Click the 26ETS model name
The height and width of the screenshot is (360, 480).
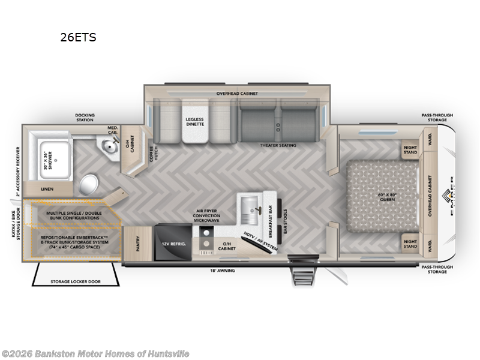pyautogui.click(x=78, y=37)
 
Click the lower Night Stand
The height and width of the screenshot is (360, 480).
pyautogui.click(x=411, y=244)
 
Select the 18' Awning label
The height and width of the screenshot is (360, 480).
pyautogui.click(x=222, y=271)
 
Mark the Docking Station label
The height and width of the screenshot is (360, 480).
pyautogui.click(x=84, y=118)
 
